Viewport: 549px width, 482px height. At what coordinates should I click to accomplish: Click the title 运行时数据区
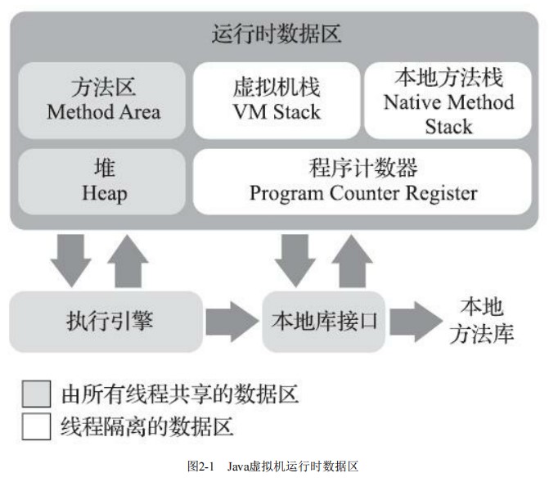pyautogui.click(x=275, y=35)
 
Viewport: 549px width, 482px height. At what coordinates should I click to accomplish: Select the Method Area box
pyautogui.click(x=103, y=99)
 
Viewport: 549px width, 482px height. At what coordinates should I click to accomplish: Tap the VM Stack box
pyautogui.click(x=275, y=99)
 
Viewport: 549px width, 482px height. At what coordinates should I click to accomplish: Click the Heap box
pyautogui.click(x=103, y=182)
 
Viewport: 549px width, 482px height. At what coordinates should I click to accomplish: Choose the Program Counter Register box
pyautogui.click(x=362, y=182)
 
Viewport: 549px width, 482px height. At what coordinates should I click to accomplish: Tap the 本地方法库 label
pyautogui.click(x=482, y=321)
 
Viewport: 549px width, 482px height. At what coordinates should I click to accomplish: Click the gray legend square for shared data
pyautogui.click(x=35, y=394)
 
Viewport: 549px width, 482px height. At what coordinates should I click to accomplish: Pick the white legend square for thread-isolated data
pyautogui.click(x=35, y=426)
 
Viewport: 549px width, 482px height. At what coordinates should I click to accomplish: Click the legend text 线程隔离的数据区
pyautogui.click(x=147, y=426)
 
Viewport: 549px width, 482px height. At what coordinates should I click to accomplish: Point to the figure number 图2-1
pyautogui.click(x=200, y=467)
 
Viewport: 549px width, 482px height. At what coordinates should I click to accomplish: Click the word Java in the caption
pyautogui.click(x=238, y=467)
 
